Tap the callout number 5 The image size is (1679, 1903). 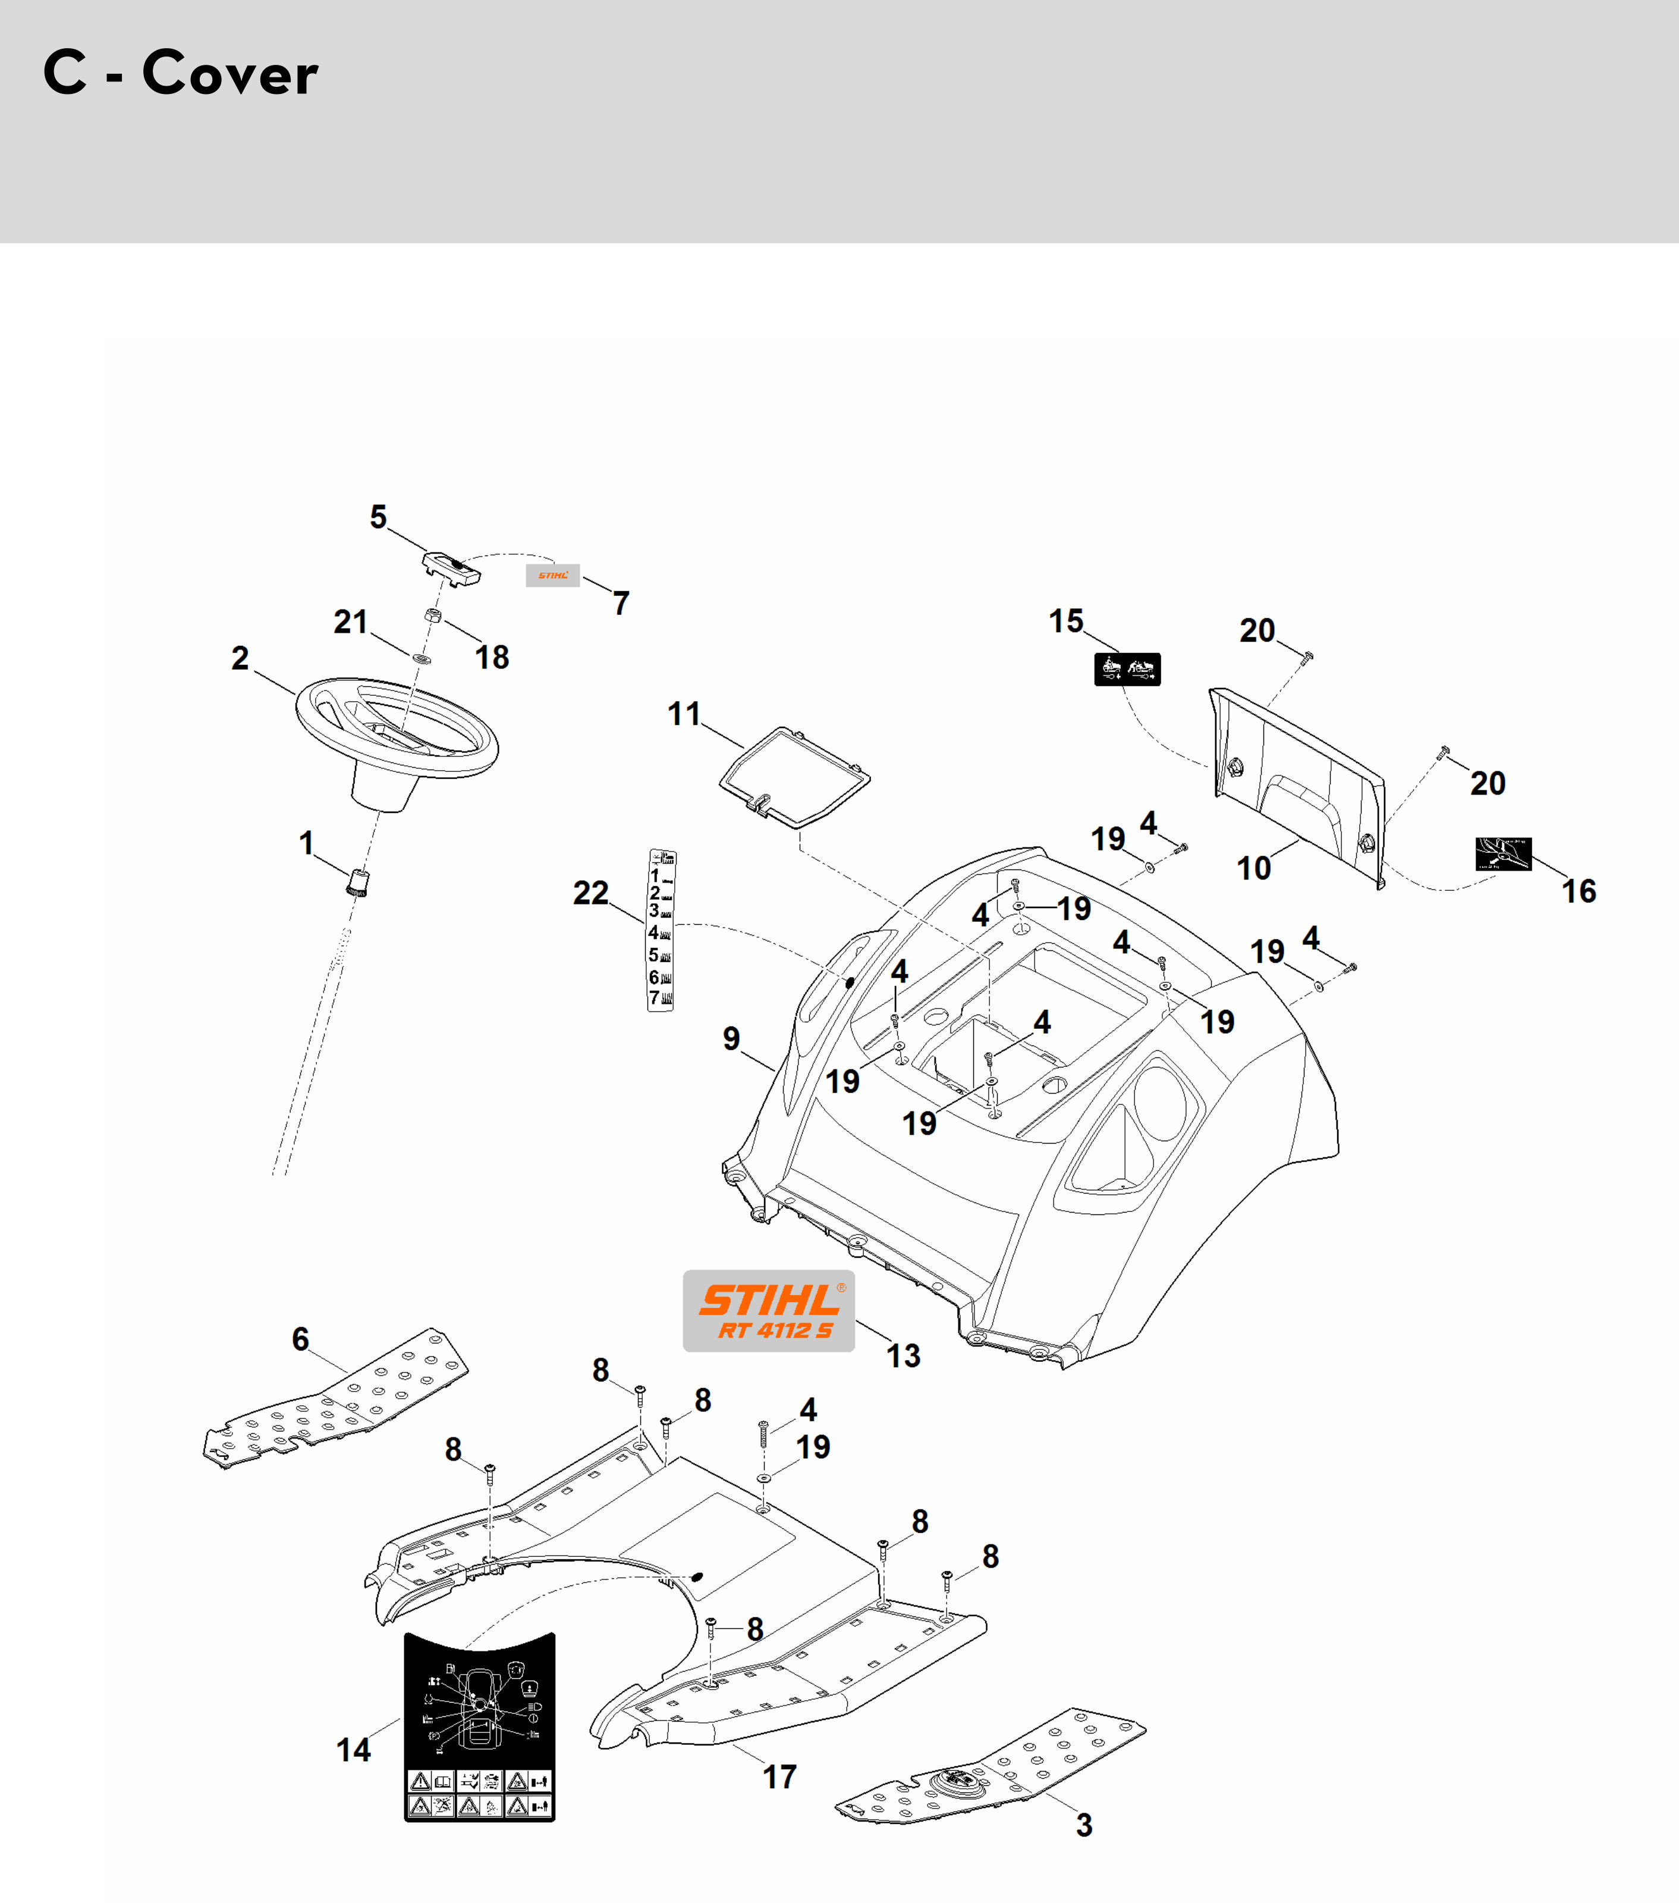click(x=378, y=517)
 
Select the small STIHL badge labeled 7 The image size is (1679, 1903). click(x=553, y=576)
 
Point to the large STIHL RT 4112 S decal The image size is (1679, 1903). click(x=769, y=1311)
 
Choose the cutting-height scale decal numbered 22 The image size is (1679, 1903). click(x=661, y=929)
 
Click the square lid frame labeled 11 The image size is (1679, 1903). click(x=795, y=777)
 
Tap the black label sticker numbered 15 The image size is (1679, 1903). click(x=1127, y=670)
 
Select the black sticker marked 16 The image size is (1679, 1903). click(x=1503, y=854)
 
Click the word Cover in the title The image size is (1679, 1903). click(x=230, y=74)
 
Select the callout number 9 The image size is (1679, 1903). click(x=731, y=1038)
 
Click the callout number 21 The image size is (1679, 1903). click(x=351, y=622)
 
